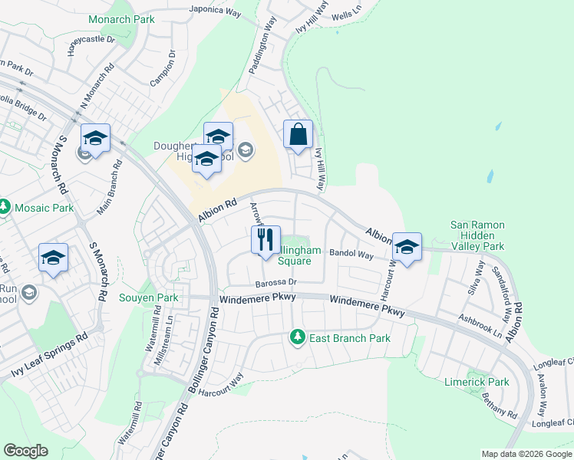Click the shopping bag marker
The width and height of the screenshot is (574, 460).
pyautogui.click(x=298, y=135)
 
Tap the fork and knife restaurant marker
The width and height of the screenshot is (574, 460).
pyautogui.click(x=266, y=240)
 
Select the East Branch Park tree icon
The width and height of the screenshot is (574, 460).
pyautogui.click(x=296, y=337)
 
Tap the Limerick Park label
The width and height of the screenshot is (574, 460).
pyautogui.click(x=477, y=382)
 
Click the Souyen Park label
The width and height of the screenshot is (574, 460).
pyautogui.click(x=149, y=297)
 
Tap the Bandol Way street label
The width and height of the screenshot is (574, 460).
pyautogui.click(x=351, y=253)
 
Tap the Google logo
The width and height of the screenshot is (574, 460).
pyautogui.click(x=25, y=451)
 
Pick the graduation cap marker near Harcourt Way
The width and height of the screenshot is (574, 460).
pyautogui.click(x=407, y=247)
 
